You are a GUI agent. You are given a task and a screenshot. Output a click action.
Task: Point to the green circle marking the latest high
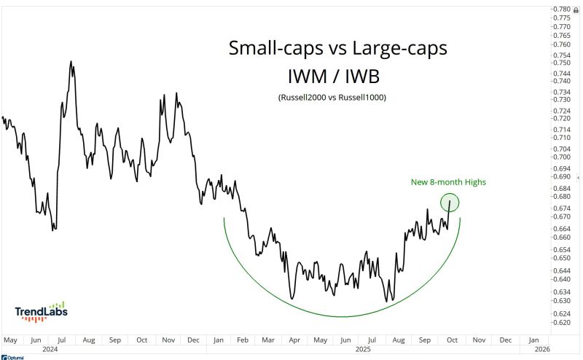tap(450, 202)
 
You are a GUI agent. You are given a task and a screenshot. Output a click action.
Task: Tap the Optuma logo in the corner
tap(13, 356)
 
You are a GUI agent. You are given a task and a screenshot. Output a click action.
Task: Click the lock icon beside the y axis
tap(576, 9)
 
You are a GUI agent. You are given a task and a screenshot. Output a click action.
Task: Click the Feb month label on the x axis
tap(242, 340)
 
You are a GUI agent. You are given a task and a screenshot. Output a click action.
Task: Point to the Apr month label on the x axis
tap(294, 340)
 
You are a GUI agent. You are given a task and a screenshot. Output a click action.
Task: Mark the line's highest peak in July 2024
tap(71, 61)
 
